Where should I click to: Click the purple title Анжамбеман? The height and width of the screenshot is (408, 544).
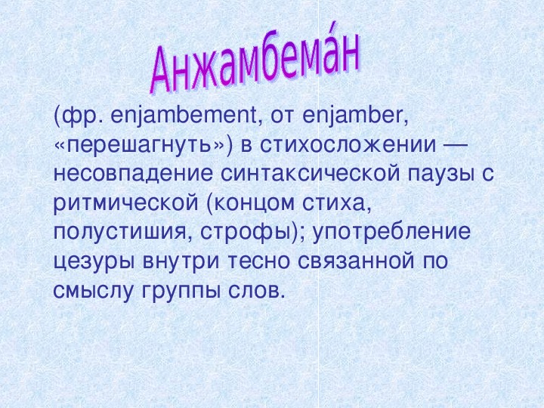point(255,60)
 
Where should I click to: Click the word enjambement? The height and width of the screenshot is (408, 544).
point(183,116)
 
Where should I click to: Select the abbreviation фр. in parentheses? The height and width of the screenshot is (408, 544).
point(82,116)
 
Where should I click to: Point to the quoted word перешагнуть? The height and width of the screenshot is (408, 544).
point(139,145)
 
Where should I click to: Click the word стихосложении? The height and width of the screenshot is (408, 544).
point(348,144)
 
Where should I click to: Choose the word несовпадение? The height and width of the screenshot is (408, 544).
point(133,175)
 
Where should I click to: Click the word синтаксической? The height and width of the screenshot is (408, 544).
point(311,174)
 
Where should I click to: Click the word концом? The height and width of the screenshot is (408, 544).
point(255,204)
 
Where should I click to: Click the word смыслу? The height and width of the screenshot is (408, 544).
point(93,291)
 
